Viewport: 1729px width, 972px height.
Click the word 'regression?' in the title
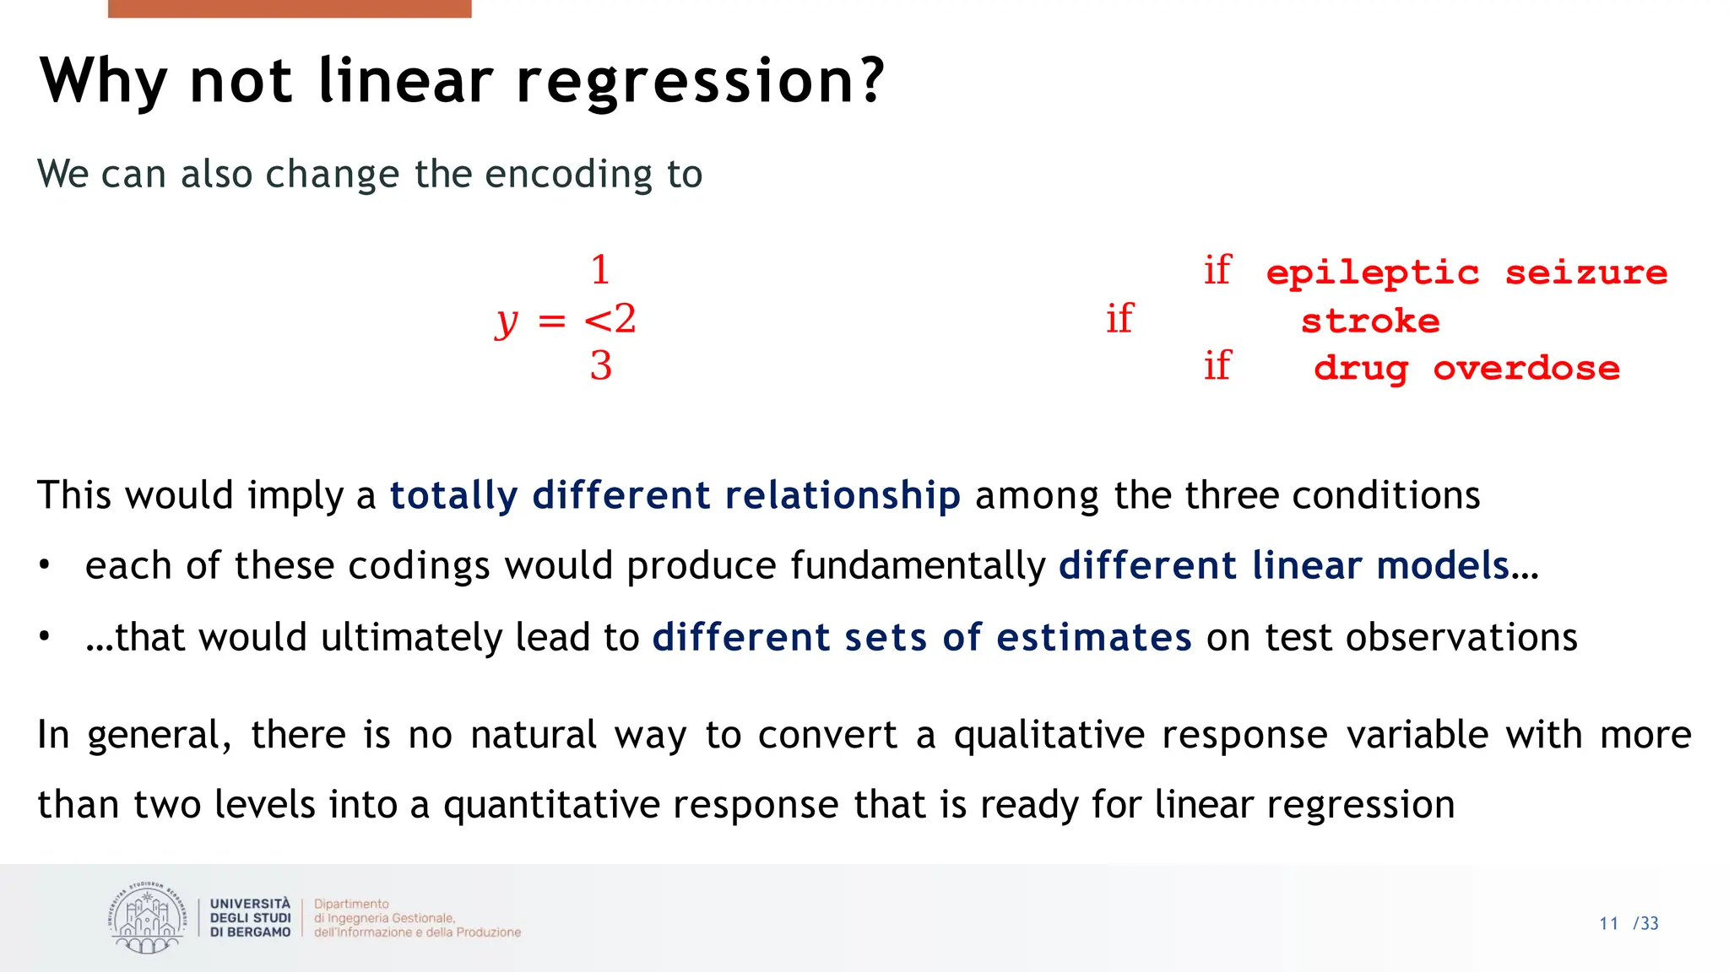coord(700,83)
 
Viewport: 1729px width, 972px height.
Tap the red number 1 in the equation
coord(600,271)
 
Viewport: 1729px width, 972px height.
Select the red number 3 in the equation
coord(600,366)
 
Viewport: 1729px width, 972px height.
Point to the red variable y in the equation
coord(507,321)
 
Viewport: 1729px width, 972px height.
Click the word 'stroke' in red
coord(1369,321)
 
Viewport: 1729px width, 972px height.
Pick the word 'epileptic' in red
coord(1372,273)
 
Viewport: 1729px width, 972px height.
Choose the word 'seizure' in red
coord(1585,273)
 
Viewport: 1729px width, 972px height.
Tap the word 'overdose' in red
coord(1526,369)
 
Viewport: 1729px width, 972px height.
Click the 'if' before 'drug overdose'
coord(1217,366)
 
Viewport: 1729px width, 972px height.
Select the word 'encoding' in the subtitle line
coord(568,175)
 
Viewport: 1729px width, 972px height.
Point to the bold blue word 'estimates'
coord(1093,637)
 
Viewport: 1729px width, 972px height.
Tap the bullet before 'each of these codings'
coord(45,565)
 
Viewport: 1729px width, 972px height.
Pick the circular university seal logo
coord(147,918)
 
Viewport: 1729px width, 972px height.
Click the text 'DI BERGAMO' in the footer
coord(250,932)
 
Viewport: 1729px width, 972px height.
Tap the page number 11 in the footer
coord(1608,924)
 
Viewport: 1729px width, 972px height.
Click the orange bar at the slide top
coord(290,8)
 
